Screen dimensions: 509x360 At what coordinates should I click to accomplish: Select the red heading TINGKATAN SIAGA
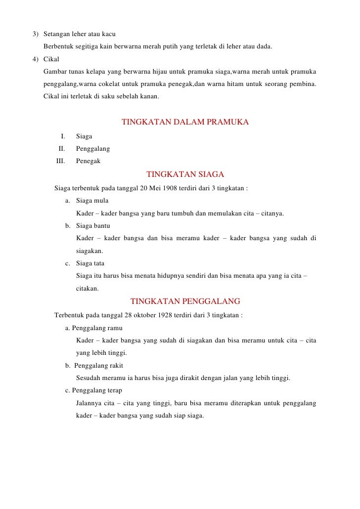pos(185,174)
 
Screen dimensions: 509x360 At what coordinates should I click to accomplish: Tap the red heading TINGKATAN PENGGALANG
pos(185,301)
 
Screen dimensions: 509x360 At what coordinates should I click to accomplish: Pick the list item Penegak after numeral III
pos(88,161)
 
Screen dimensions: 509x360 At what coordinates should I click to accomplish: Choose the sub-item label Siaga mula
pos(92,201)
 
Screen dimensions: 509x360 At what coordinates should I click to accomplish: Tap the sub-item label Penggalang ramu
pos(97,328)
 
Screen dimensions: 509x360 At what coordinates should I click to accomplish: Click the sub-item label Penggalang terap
pos(97,390)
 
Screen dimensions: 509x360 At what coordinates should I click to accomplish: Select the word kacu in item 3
pos(108,35)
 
